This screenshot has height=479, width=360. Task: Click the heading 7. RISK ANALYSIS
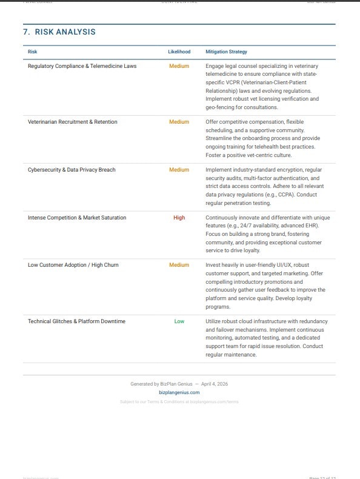(x=59, y=32)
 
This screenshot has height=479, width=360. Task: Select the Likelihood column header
(x=179, y=52)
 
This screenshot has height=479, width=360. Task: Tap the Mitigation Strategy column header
(x=226, y=52)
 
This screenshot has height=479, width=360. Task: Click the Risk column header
(x=33, y=52)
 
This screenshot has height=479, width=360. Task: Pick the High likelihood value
(x=179, y=218)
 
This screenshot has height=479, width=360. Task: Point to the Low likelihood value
(x=179, y=321)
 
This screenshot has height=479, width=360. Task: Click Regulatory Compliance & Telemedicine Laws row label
(x=82, y=66)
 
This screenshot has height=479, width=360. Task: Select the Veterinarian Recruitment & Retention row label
(x=73, y=122)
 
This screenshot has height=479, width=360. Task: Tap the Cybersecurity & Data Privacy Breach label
(x=72, y=170)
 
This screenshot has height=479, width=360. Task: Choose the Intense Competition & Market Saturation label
(x=77, y=218)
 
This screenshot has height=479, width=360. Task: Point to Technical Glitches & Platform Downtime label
(x=76, y=321)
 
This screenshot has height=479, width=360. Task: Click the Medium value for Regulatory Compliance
(x=179, y=66)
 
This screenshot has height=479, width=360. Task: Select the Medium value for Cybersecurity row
(x=179, y=170)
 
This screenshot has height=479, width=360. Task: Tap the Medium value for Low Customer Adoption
(x=179, y=265)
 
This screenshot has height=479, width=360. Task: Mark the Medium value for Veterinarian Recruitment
(x=179, y=122)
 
